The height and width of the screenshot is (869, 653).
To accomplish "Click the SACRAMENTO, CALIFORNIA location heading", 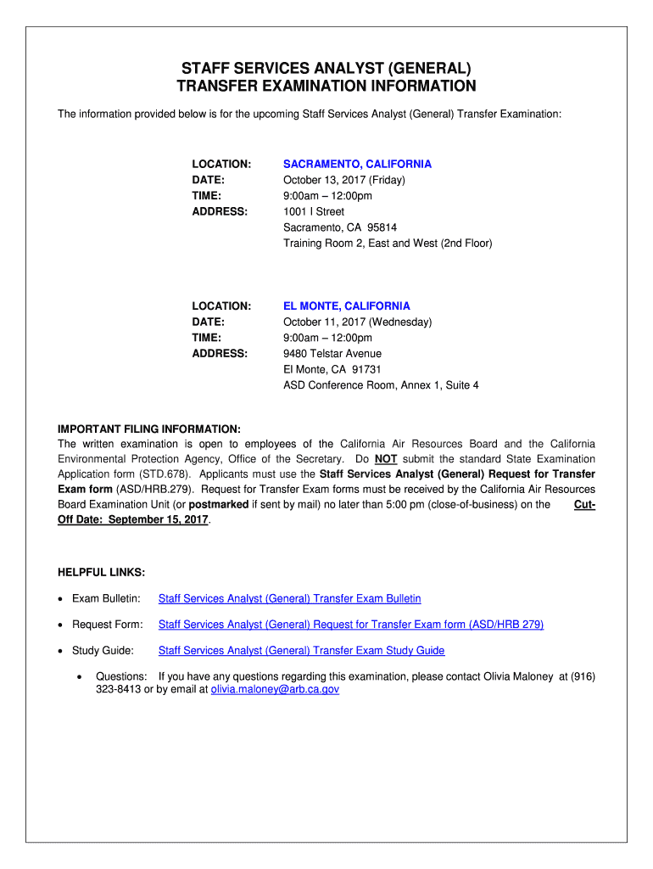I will [357, 164].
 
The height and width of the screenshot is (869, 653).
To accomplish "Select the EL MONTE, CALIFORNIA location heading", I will [346, 306].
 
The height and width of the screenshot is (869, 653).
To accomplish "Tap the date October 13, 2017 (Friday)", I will [344, 180].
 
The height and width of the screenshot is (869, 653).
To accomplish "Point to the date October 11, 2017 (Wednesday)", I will [357, 322].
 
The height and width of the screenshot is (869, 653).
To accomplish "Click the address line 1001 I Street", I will [314, 211].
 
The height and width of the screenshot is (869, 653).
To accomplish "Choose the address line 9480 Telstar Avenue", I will [332, 353].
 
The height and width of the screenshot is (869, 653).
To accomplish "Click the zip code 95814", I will [379, 227].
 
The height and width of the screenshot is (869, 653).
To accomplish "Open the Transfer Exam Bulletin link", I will [289, 599].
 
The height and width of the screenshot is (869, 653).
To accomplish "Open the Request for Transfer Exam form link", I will [350, 625].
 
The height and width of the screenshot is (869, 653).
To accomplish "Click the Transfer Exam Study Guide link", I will [301, 651].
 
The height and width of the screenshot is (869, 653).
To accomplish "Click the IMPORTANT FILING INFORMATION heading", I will [148, 429].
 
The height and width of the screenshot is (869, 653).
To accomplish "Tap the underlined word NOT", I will [386, 459].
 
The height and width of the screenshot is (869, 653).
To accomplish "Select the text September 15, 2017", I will [159, 519].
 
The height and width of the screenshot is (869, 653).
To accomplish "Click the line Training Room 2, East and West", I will [388, 244].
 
